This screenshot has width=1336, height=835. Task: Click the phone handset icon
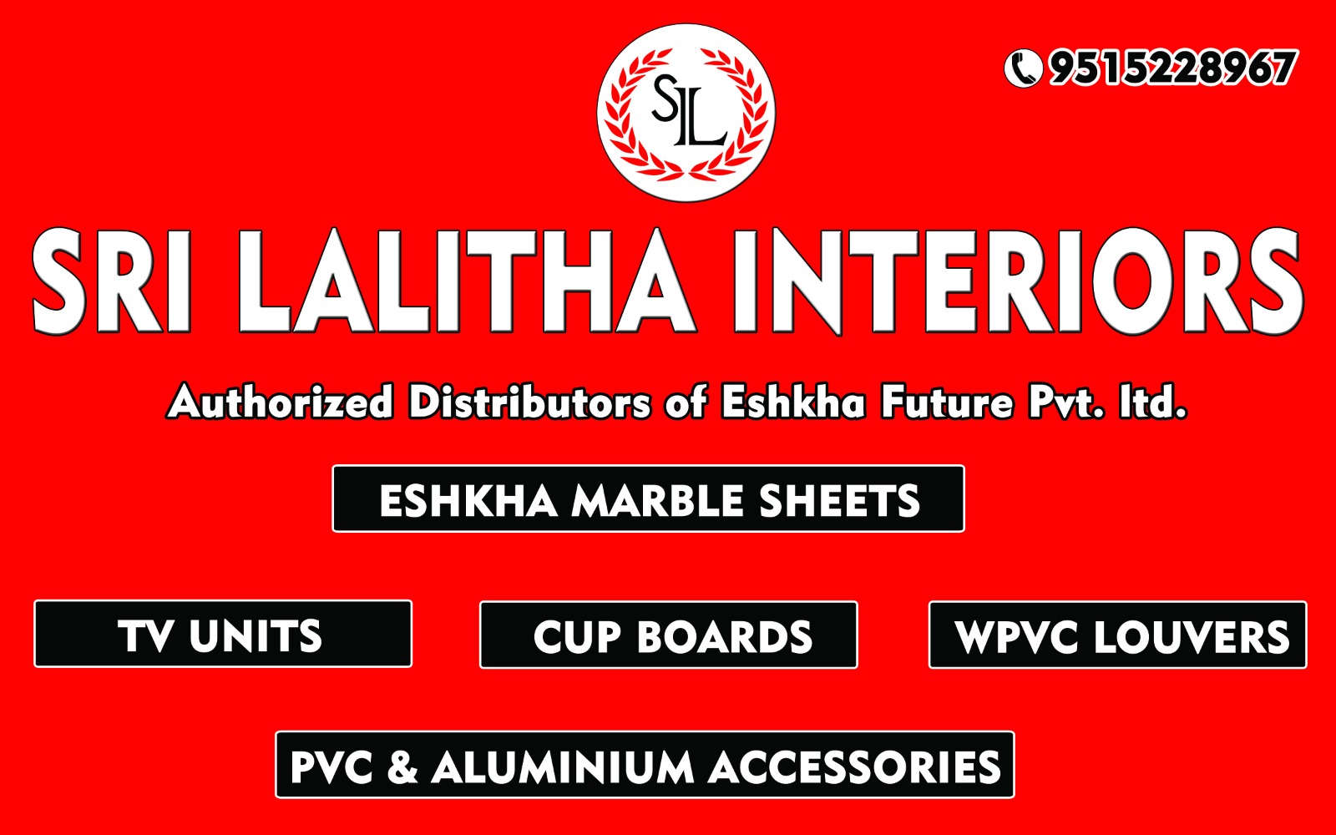coord(1023,68)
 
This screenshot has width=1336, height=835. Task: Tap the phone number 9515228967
coord(1172,68)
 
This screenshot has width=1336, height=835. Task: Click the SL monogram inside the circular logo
coord(687,110)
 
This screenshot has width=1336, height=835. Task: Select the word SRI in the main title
coord(112,281)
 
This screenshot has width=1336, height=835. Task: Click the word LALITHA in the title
coord(467,281)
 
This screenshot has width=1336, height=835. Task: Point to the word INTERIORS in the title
coord(1018,281)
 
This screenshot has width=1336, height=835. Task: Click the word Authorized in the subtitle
coord(281,402)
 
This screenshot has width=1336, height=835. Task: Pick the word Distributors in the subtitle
coord(529,402)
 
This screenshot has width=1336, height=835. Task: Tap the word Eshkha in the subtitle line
coord(793,402)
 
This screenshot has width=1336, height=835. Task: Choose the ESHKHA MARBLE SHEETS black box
coord(648,498)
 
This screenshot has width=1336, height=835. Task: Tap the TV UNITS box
coord(223,634)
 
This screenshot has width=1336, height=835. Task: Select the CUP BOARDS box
coord(669,635)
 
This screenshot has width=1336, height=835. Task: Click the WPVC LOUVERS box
coord(1118,635)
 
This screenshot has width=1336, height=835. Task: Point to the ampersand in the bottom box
coord(402,767)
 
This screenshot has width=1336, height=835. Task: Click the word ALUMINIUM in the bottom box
coord(563,767)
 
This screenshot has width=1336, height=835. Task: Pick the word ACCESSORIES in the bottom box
coord(855,767)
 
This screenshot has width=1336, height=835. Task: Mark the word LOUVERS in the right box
coord(1192,636)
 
